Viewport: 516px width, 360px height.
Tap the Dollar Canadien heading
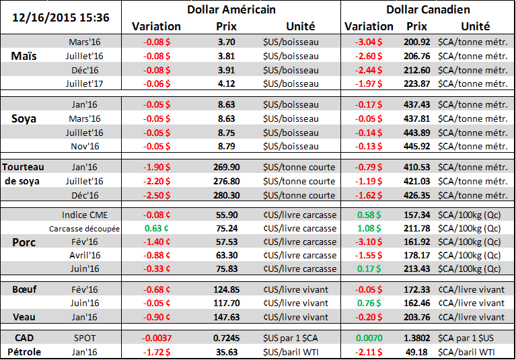point(428,9)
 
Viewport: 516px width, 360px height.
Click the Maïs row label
point(25,56)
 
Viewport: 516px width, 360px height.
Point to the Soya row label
point(26,119)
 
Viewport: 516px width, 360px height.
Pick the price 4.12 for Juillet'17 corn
point(226,83)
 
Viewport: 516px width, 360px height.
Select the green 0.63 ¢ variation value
point(155,228)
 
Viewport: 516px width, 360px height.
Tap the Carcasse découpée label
point(85,228)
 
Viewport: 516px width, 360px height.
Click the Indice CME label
point(84,215)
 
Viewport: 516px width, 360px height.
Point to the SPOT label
point(84,336)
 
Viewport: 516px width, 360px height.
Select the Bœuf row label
point(24,289)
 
